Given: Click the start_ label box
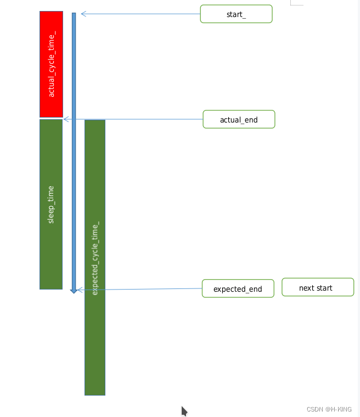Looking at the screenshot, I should point(236,14).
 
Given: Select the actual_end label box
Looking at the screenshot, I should point(239,119).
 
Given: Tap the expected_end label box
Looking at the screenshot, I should point(238,288).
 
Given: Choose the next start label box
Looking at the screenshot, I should point(318,287).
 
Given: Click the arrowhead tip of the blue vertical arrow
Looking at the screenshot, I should point(74,292).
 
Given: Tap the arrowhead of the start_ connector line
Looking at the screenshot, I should point(82,14).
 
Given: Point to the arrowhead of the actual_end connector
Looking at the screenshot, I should point(65,119).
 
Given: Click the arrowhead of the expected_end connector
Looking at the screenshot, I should point(79,290).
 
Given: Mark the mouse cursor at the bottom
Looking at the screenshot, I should point(184,410).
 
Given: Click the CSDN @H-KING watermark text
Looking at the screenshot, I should point(329,409).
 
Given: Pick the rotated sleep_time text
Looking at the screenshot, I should point(51,204).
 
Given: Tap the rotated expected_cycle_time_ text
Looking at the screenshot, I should point(95,258).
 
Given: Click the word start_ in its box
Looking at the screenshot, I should point(236,14).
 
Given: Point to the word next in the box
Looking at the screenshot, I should point(306,288).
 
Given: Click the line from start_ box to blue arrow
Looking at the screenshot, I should point(143,14).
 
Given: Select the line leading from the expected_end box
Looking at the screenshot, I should point(143,289).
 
